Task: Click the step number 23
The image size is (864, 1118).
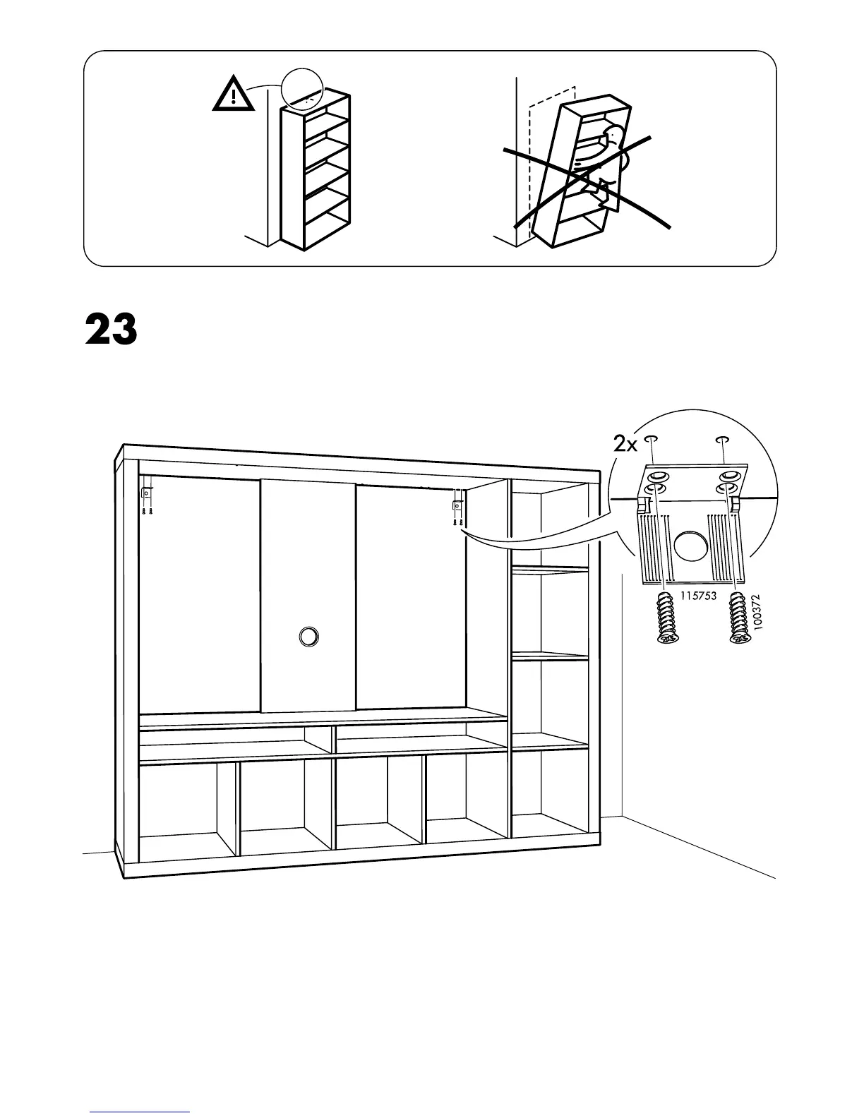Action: pos(111,330)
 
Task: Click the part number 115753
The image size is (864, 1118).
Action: pos(699,596)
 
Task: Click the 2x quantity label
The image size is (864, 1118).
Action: pos(625,444)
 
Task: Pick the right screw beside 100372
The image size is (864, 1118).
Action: pos(737,618)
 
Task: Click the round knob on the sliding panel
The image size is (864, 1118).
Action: pos(308,636)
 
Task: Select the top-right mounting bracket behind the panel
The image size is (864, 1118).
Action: pos(457,506)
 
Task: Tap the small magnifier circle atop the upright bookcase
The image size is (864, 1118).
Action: pos(301,89)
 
